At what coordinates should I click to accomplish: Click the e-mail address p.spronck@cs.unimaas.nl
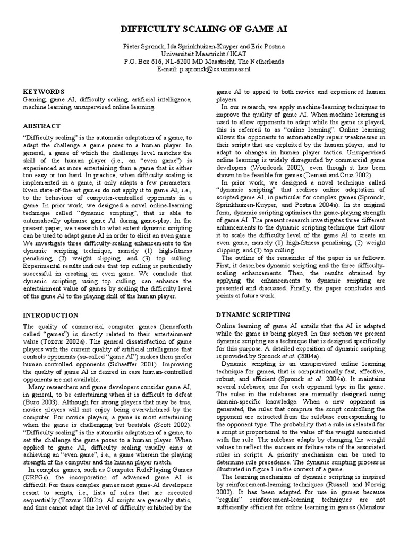point(218,69)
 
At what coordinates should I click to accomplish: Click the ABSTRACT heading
point(41,126)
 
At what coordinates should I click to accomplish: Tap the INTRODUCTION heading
point(50,315)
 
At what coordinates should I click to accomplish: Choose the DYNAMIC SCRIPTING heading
point(252,314)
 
